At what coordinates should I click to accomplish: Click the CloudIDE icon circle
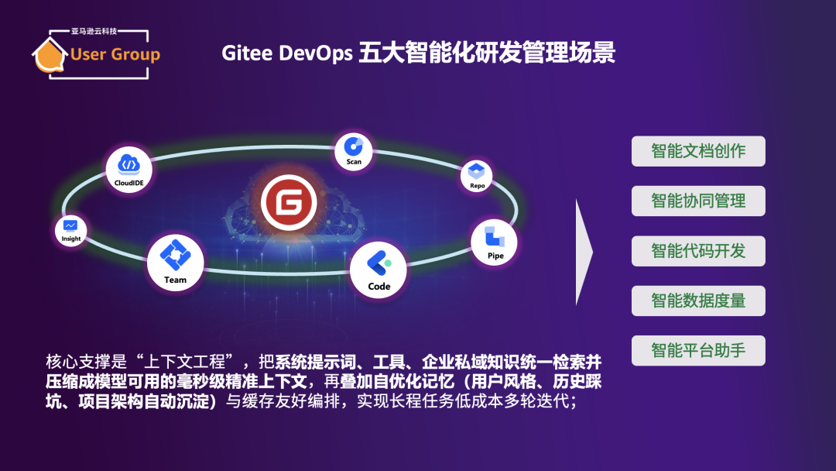pos(129,169)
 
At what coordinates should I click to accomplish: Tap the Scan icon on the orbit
pos(354,152)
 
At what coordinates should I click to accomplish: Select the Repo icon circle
pos(476,176)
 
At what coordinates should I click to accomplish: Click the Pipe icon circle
pos(494,242)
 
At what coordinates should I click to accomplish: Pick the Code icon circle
pos(378,270)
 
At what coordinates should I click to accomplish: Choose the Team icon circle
pos(176,263)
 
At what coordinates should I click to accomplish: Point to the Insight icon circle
pos(71,231)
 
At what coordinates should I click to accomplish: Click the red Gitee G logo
pos(289,203)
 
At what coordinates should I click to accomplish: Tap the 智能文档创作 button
pos(698,151)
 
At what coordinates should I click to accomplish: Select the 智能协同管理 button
pos(698,201)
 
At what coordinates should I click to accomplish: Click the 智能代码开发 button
pos(698,251)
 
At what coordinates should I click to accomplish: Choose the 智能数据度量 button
pos(698,301)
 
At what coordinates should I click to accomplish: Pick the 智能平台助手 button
pos(698,350)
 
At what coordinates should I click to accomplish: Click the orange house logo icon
pos(50,54)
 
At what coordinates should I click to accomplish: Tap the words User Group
pos(115,54)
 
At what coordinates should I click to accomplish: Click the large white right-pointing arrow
pos(584,252)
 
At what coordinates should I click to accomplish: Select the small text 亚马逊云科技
pos(94,32)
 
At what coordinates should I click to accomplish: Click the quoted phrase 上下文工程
pos(184,363)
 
